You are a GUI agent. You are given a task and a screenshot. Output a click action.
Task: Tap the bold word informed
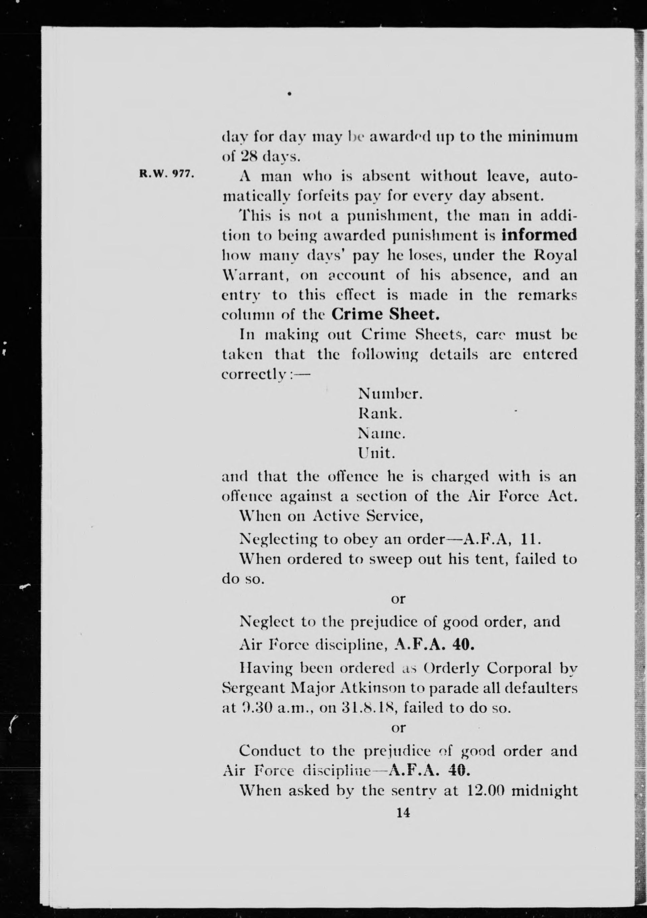[539, 235]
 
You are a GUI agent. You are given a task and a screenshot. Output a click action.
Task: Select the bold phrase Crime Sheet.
[386, 314]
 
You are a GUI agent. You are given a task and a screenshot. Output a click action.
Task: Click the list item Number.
[390, 394]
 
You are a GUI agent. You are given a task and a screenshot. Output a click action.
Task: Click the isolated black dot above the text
[289, 94]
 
